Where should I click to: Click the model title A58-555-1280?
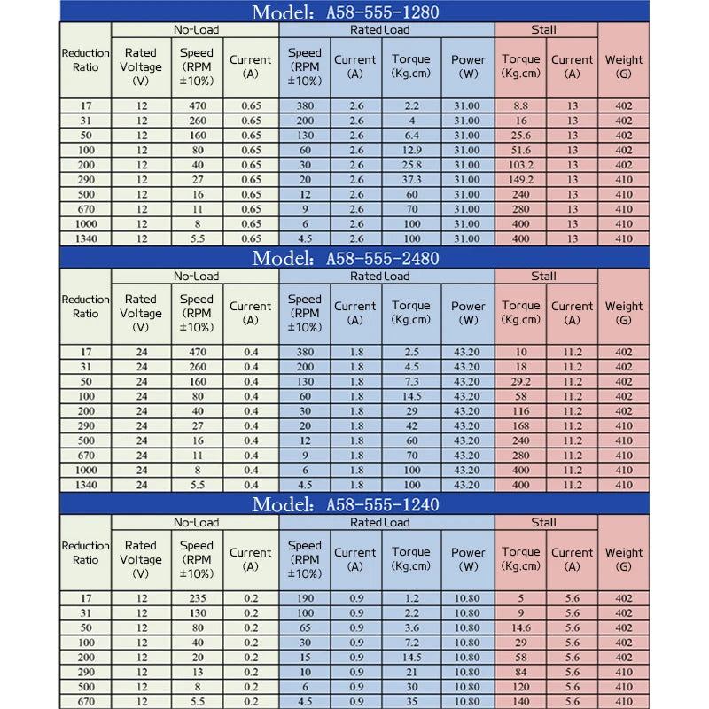tap(346, 12)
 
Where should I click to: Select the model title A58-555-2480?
tap(346, 258)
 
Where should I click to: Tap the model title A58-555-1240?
tap(346, 504)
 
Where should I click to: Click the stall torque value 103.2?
tap(520, 165)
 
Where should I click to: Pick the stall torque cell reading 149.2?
tap(520, 180)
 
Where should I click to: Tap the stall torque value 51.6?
tap(520, 150)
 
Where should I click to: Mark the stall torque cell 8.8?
tap(520, 105)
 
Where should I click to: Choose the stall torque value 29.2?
tap(520, 381)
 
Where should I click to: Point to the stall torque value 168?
tap(520, 425)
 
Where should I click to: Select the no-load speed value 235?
tap(196, 598)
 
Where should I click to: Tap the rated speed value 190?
tap(304, 598)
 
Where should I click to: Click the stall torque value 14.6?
tap(520, 627)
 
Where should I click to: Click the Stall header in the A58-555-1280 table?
tap(544, 29)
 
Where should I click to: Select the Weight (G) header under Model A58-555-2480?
tap(624, 312)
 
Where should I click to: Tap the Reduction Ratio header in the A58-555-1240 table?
tap(86, 552)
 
